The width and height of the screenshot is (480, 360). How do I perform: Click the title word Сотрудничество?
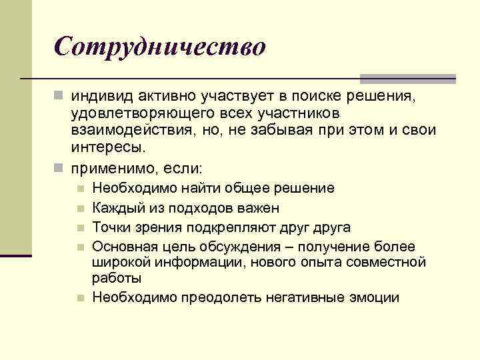160,46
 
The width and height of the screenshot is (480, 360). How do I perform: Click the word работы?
115,277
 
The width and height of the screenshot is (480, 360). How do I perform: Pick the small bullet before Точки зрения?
81,228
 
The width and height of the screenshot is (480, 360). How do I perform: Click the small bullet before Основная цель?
81,247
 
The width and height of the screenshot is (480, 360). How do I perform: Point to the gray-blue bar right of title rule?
407,78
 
